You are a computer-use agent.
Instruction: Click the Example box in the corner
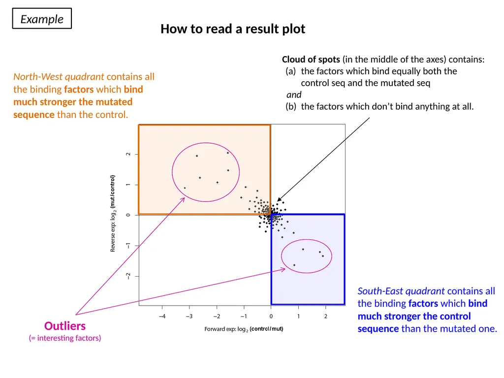(42, 19)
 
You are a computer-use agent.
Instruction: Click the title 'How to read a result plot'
(233, 29)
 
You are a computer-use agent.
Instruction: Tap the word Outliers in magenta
(65, 326)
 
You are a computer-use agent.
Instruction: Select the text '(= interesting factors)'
(65, 338)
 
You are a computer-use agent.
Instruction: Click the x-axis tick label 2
(326, 316)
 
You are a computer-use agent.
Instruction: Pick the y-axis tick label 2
(128, 154)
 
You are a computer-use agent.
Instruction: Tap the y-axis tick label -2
(128, 276)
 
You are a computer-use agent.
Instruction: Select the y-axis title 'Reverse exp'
(113, 236)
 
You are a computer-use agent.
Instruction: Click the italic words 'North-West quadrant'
(59, 77)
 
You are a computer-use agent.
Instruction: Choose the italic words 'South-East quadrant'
(401, 291)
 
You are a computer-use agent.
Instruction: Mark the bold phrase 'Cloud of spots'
(311, 60)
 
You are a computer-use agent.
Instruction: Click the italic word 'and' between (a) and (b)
(294, 95)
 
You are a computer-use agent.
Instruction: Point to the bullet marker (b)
(291, 106)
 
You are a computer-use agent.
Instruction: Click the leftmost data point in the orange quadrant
(185, 188)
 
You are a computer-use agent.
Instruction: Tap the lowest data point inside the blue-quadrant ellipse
(294, 265)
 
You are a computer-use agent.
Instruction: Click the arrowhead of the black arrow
(279, 200)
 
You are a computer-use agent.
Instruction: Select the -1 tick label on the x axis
(244, 316)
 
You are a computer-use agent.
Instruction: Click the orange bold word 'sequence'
(34, 115)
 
